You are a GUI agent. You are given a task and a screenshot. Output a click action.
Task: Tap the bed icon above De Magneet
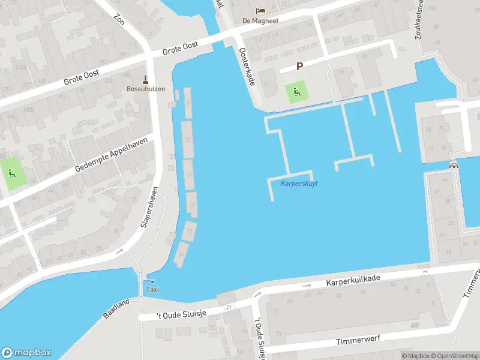(260, 11)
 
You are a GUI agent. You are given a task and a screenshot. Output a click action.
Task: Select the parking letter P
(299, 67)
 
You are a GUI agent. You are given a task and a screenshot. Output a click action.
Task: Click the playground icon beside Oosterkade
(296, 92)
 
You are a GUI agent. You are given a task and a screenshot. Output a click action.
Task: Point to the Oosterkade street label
(247, 66)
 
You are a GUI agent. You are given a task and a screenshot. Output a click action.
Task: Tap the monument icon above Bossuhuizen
(145, 79)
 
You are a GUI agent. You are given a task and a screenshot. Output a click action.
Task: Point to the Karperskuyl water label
(299, 183)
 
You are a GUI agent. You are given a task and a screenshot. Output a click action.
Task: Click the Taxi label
(152, 290)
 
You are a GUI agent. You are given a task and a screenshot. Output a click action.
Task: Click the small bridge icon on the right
(454, 165)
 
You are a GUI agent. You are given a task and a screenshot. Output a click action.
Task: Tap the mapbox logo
(26, 353)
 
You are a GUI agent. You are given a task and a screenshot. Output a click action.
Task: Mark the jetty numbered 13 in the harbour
(190, 230)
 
